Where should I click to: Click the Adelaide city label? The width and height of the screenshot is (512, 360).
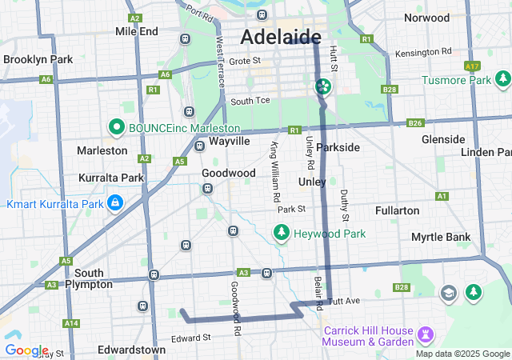[281, 38]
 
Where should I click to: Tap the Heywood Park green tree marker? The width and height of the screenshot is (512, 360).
[281, 234]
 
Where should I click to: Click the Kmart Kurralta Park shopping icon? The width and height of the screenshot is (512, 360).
[116, 204]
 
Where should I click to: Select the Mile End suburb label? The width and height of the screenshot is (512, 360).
[137, 32]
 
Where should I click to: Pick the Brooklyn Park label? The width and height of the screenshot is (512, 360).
[38, 59]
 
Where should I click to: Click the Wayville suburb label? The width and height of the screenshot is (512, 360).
[230, 141]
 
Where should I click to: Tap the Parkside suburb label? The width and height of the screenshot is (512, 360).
[338, 147]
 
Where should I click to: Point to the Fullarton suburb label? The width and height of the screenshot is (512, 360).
[397, 210]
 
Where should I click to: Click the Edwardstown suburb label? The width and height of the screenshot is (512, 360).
[131, 350]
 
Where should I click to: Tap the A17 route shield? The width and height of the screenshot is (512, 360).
[472, 66]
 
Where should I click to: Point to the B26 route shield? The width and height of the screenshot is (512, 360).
[414, 122]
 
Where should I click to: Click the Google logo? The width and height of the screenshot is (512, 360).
[26, 350]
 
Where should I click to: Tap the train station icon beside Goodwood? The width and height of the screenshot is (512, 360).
[207, 189]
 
